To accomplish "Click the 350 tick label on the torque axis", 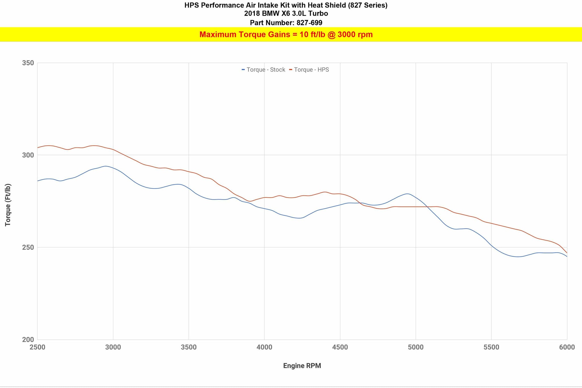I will click(x=28, y=63).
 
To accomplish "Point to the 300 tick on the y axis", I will click(x=28, y=155).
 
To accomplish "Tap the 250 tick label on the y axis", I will click(x=28, y=247).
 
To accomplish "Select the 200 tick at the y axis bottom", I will click(x=28, y=340).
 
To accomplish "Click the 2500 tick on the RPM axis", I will click(x=38, y=347).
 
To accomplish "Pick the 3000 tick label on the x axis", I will click(x=113, y=347).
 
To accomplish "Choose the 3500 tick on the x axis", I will click(x=189, y=347).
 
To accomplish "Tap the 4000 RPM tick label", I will click(x=264, y=347).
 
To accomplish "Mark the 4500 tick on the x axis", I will click(x=340, y=347).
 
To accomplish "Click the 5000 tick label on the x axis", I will click(x=416, y=347).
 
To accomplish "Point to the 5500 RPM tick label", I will click(x=491, y=347).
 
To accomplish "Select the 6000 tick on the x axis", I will click(x=567, y=347).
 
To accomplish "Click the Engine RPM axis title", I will click(x=302, y=366).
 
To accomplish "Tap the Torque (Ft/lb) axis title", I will click(x=8, y=205).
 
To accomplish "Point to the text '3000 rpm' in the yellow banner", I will click(x=355, y=35).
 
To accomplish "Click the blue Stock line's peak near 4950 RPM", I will click(x=408, y=194).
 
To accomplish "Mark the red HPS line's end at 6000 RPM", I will click(x=567, y=253).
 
